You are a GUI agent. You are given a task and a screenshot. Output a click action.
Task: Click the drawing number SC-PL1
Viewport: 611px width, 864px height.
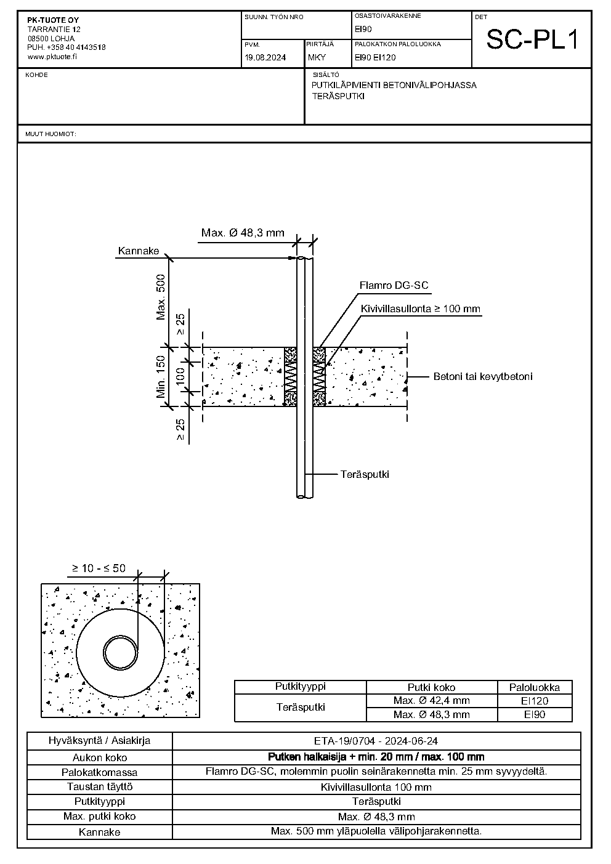532,40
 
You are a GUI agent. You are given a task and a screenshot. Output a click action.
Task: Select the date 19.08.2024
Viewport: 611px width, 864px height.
265,57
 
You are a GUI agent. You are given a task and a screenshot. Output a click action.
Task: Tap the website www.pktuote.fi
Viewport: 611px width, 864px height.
52,57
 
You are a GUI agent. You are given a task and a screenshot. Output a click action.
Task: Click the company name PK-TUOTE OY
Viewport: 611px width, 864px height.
53,20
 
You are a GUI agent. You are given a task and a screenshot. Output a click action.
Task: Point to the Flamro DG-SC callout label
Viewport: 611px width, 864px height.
394,285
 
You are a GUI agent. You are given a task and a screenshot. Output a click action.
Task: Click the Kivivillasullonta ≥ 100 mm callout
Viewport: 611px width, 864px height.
421,309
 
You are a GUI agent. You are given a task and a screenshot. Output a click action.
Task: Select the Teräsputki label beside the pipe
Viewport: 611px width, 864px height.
365,474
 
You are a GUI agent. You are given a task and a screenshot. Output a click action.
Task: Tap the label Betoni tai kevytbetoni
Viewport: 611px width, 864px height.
483,376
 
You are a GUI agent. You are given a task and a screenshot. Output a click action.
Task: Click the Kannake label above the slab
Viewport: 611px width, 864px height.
139,251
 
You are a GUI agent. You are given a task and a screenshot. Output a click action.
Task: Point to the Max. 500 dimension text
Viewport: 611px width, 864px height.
161,297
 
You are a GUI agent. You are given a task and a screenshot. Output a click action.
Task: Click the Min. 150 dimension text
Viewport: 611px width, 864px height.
161,376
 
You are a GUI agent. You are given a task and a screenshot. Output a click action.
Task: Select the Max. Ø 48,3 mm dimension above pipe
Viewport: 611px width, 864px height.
243,233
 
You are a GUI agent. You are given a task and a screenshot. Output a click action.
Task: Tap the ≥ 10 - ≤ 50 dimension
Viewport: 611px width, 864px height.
99,568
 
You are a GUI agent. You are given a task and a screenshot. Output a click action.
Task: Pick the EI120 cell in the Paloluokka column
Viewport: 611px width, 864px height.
535,701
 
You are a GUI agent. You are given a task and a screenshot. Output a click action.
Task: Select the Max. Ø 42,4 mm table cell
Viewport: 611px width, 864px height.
431,700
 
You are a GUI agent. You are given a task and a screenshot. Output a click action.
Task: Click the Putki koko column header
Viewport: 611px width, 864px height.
431,687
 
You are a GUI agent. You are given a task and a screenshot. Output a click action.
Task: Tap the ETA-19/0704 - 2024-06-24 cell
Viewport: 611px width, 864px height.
376,741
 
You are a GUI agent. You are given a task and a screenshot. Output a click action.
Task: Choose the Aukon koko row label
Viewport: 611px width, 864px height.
100,757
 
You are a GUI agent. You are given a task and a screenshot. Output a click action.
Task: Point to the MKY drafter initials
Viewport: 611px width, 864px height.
317,57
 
